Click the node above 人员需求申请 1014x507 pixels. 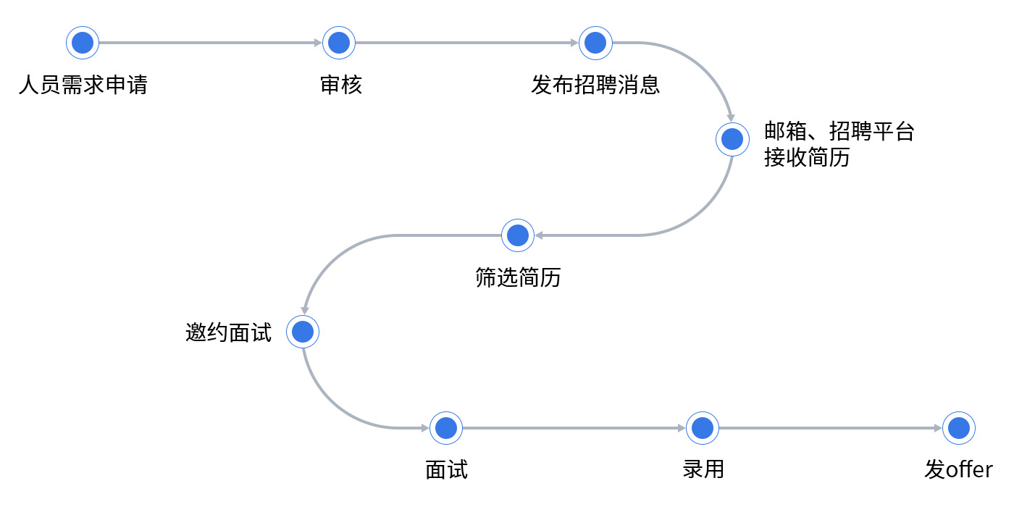83,43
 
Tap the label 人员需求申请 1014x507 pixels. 83,85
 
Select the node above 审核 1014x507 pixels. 339,43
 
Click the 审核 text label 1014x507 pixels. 340,85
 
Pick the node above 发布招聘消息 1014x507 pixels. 595,43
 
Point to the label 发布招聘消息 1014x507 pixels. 595,85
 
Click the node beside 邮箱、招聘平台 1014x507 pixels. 732,139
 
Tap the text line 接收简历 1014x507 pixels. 806,158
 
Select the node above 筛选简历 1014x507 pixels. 518,235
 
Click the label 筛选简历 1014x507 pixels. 518,277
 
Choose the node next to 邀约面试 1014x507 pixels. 303,332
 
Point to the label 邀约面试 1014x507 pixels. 229,332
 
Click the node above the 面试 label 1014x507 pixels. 446,428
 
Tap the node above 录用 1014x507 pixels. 703,428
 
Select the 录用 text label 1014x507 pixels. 703,469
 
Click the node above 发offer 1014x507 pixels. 959,428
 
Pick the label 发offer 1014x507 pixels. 958,469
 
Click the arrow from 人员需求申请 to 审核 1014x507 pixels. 210,43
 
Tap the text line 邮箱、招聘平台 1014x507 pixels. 839,132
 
